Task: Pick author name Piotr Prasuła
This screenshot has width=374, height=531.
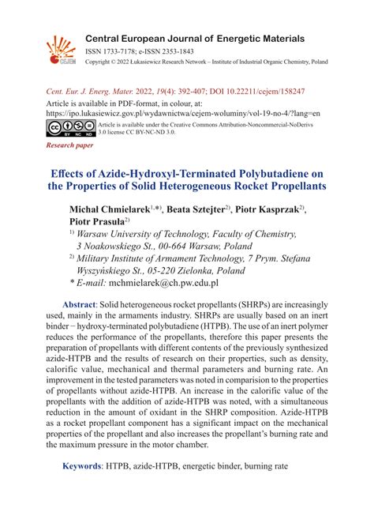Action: pyautogui.click(x=97, y=222)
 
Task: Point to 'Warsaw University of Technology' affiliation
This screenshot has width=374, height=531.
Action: pyautogui.click(x=157, y=235)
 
